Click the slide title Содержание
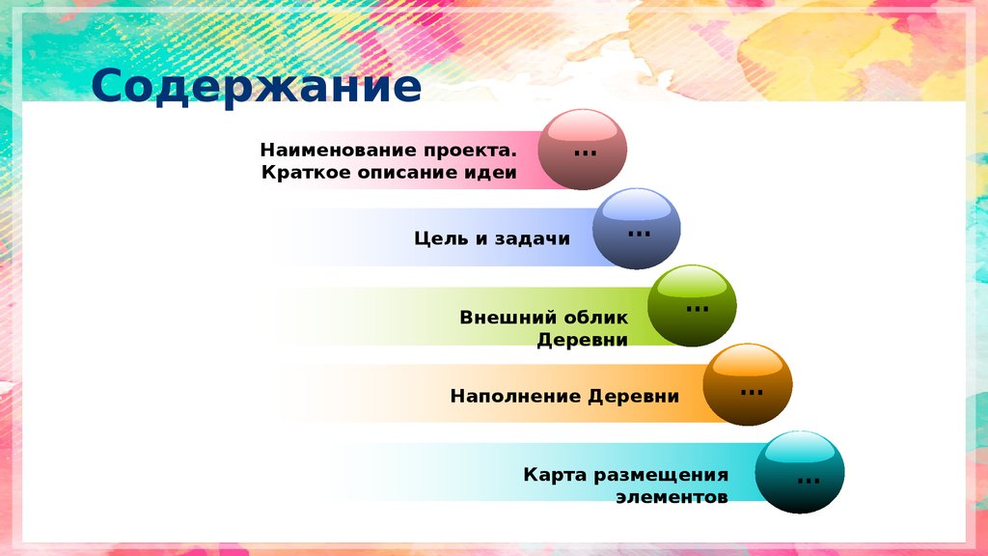point(257,87)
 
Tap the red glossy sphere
point(582,150)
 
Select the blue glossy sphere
point(636,228)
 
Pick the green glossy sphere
point(692,305)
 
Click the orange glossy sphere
point(748,384)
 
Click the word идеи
point(493,174)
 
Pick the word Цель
point(440,238)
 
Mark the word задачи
point(534,238)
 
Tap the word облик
point(596,317)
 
